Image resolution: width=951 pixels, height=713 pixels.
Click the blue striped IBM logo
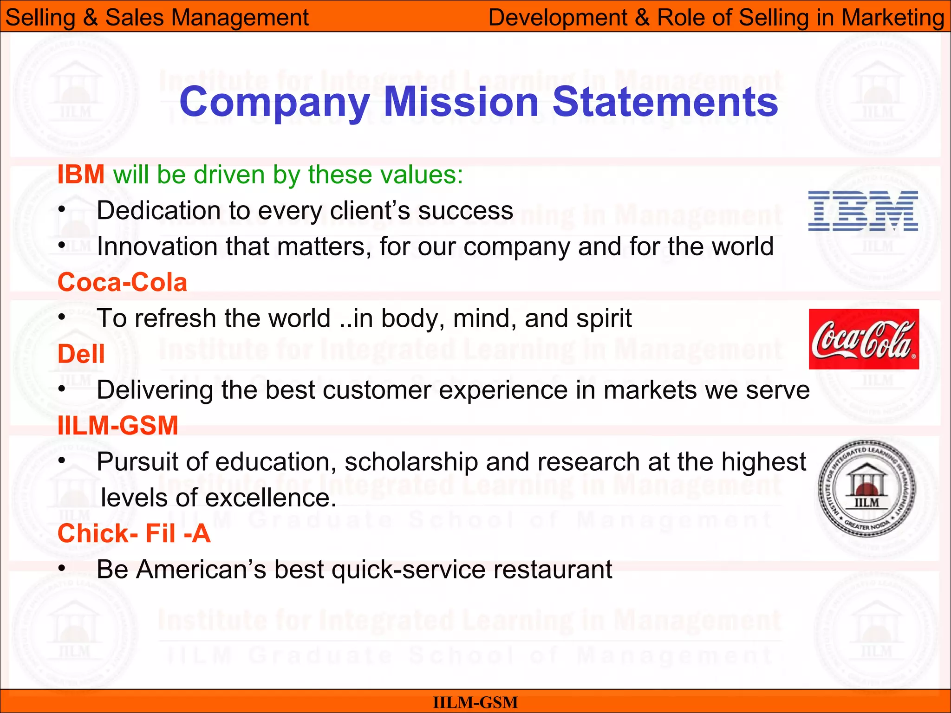tap(863, 211)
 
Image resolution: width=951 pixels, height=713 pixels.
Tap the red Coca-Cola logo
tap(864, 339)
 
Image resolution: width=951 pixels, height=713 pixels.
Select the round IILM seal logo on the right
tap(866, 488)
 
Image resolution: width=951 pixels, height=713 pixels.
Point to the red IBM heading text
tap(81, 175)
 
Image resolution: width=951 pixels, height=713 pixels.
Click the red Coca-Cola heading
tap(122, 282)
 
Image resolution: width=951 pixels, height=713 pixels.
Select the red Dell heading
tap(81, 354)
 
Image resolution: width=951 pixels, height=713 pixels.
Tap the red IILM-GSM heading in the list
tap(118, 426)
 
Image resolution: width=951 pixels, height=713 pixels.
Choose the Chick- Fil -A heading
tap(134, 533)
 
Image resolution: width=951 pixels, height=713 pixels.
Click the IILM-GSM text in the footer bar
tap(475, 702)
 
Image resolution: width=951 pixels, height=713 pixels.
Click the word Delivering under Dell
tap(155, 390)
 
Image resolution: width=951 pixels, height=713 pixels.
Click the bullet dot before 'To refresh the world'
tap(62, 318)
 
